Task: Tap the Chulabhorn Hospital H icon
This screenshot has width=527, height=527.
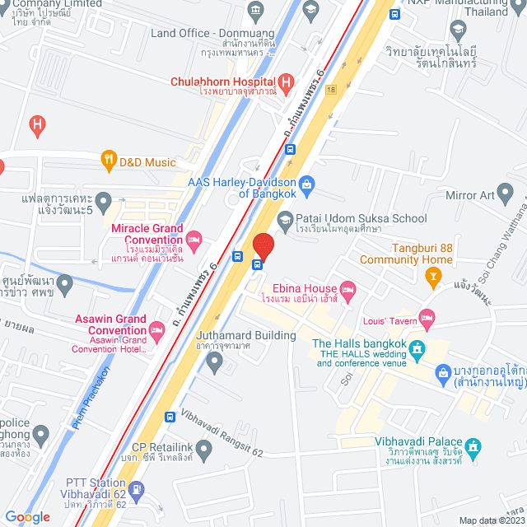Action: (286, 82)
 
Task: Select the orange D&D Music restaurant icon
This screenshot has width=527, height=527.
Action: (108, 161)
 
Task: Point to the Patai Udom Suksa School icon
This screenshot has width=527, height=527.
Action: (284, 218)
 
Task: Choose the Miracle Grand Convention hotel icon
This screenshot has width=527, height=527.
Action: (194, 240)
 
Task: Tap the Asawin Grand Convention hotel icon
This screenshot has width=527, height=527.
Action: (157, 331)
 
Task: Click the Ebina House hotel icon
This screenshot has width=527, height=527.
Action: (348, 288)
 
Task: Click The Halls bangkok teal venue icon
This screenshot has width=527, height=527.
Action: (417, 349)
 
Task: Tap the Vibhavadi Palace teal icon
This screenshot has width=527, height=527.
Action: (473, 447)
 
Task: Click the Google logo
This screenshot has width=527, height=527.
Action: (27, 516)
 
